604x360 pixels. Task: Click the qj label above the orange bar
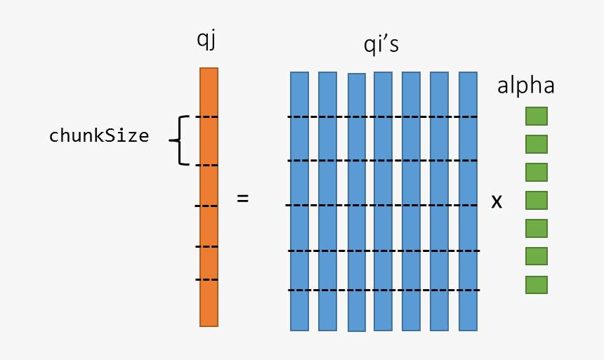206,41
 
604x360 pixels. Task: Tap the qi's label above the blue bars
381,45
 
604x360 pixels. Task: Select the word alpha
525,86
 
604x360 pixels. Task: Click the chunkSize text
99,136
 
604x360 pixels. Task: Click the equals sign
242,199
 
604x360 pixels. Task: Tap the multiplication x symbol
497,202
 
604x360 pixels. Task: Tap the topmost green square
537,116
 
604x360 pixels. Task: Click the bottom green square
537,285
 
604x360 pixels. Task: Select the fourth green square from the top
537,201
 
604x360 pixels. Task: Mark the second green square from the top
537,145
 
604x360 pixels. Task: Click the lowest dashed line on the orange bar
207,280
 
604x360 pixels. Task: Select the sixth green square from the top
537,257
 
